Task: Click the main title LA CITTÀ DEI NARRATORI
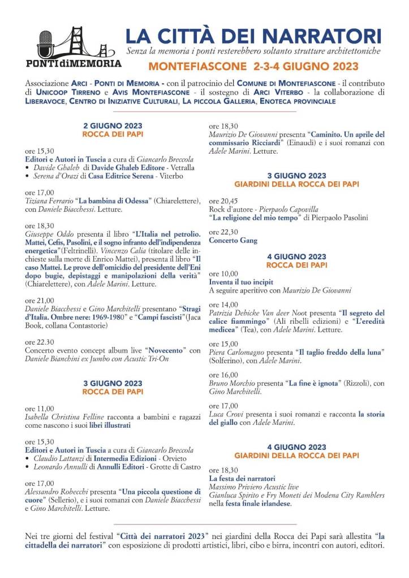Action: tap(253, 36)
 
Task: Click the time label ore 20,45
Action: tap(223, 201)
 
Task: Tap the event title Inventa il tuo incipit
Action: tap(241, 281)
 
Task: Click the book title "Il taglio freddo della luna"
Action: tap(342, 351)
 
